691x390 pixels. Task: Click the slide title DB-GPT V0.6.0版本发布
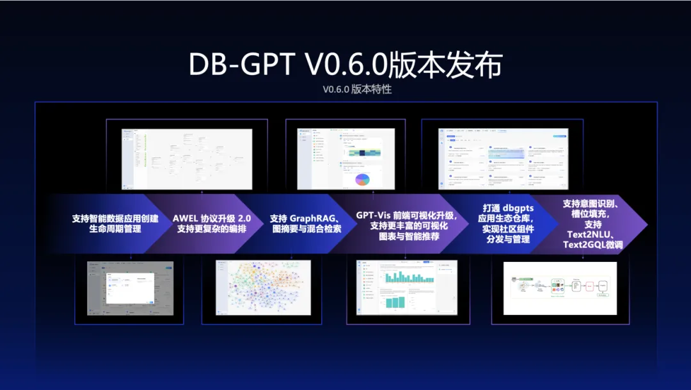pyautogui.click(x=345, y=65)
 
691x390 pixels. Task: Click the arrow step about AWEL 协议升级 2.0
pyautogui.click(x=211, y=223)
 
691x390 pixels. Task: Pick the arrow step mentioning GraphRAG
pyautogui.click(x=305, y=223)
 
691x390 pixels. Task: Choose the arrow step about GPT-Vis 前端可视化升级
pyautogui.click(x=404, y=223)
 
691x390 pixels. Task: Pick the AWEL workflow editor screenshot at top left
pyautogui.click(x=187, y=159)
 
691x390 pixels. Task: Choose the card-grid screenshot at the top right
pyautogui.click(x=504, y=159)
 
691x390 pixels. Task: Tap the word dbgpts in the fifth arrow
pyautogui.click(x=516, y=208)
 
